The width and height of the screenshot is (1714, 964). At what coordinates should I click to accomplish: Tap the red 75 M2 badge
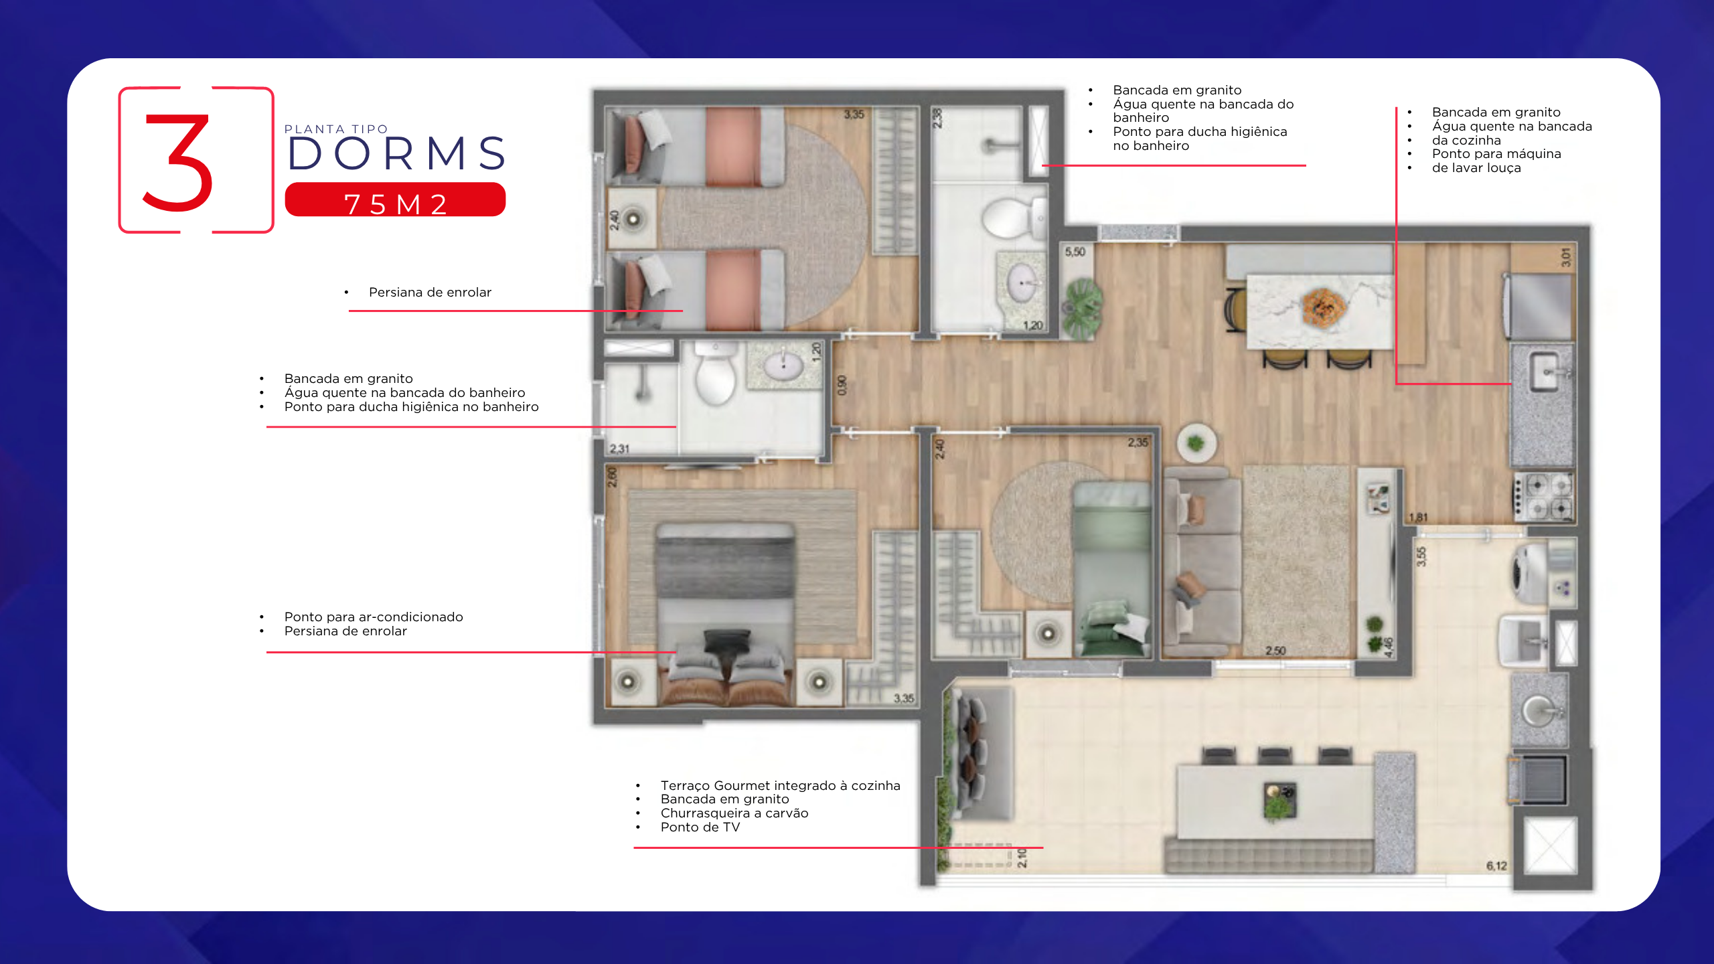pyautogui.click(x=395, y=199)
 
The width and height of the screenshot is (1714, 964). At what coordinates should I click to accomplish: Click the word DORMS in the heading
pyautogui.click(x=396, y=153)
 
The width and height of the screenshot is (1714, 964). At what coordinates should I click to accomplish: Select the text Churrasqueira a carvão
pyautogui.click(x=734, y=813)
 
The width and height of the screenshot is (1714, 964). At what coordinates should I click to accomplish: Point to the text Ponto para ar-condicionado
pyautogui.click(x=374, y=617)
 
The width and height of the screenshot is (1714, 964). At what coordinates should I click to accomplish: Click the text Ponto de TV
pyautogui.click(x=700, y=827)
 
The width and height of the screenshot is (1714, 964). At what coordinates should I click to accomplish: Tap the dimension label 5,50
pyautogui.click(x=1075, y=252)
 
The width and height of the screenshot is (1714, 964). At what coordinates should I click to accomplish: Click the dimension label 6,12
pyautogui.click(x=1496, y=866)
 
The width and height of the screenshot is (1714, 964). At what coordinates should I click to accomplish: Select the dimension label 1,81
pyautogui.click(x=1418, y=517)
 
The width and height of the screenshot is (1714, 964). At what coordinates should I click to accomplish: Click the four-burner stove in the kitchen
pyautogui.click(x=1544, y=496)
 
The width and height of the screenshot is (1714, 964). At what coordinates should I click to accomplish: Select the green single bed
pyautogui.click(x=1111, y=568)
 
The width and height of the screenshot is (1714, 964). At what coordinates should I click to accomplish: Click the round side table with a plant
pyautogui.click(x=1196, y=443)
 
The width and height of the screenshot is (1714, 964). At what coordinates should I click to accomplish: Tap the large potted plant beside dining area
pyautogui.click(x=1082, y=308)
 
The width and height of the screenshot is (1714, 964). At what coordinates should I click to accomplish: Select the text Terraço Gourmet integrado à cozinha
pyautogui.click(x=780, y=785)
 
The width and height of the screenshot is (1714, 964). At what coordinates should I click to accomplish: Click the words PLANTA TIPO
pyautogui.click(x=336, y=129)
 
